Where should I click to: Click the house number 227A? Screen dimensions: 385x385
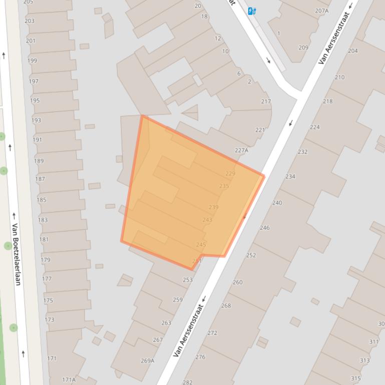(x=241, y=150)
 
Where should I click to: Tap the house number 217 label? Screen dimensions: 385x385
(x=266, y=101)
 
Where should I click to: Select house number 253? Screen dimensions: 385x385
(x=188, y=280)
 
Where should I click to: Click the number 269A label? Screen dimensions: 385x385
(x=147, y=360)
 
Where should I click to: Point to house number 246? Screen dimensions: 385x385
(x=265, y=228)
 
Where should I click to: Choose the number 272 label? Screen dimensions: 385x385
(x=212, y=333)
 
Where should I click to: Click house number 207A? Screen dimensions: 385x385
(x=322, y=11)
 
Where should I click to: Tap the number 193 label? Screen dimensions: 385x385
(x=37, y=120)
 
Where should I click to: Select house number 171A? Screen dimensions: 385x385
(x=69, y=380)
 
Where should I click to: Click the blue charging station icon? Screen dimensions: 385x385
(x=252, y=11)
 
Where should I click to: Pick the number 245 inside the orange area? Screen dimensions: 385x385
(x=201, y=244)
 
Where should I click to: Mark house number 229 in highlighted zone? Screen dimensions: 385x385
(x=230, y=174)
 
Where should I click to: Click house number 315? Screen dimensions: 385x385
(x=355, y=378)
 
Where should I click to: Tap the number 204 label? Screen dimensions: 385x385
(x=353, y=51)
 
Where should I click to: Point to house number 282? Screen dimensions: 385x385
(x=187, y=382)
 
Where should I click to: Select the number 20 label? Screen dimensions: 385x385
(x=198, y=6)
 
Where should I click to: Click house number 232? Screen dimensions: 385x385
(x=302, y=152)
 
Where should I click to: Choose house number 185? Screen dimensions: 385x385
(x=41, y=200)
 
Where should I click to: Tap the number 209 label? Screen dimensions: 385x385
(x=303, y=48)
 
